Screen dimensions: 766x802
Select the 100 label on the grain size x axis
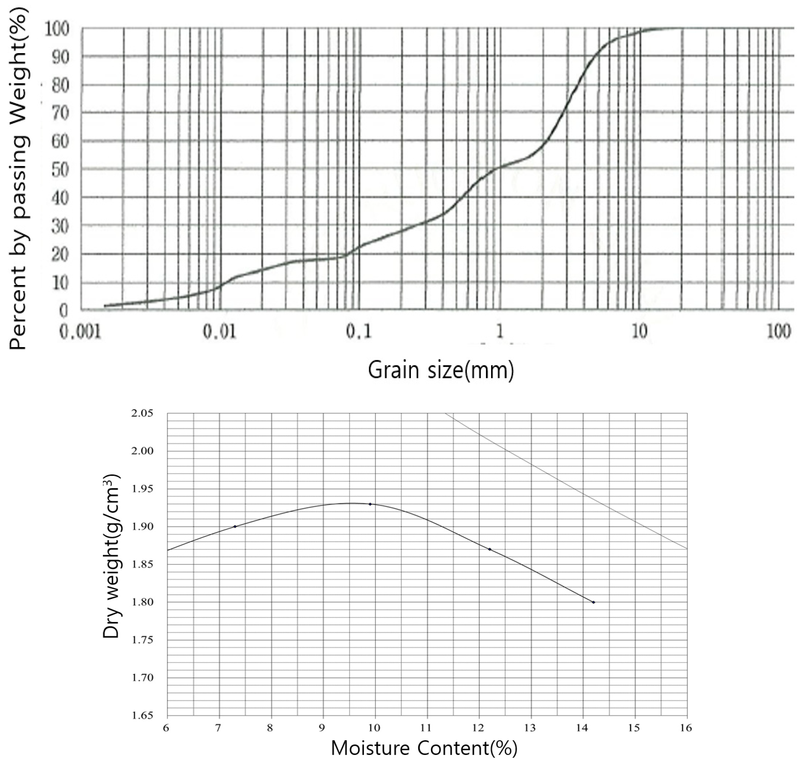click(x=778, y=332)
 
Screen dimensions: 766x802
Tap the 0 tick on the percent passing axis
click(x=63, y=311)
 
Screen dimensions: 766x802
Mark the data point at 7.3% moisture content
click(x=235, y=526)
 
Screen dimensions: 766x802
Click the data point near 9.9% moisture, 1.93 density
click(x=370, y=504)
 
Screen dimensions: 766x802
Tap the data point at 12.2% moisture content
click(x=490, y=549)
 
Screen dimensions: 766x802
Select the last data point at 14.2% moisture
click(x=594, y=602)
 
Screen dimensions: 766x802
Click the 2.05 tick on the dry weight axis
click(x=143, y=413)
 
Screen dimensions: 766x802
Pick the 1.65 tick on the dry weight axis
click(x=143, y=715)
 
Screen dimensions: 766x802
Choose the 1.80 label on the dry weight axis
click(x=143, y=602)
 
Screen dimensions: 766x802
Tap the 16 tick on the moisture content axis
click(x=687, y=727)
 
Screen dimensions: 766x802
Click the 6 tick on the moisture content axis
click(x=166, y=727)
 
